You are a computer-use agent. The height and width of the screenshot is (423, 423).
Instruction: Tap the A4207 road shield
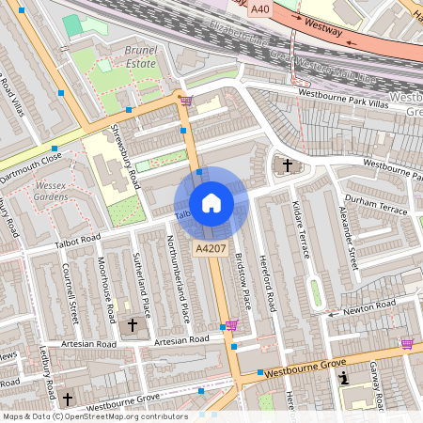209,248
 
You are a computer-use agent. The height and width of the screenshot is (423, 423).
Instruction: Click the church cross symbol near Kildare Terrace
287,167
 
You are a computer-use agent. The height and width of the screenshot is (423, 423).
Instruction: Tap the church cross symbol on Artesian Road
133,325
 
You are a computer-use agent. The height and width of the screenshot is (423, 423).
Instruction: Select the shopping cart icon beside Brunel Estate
186,101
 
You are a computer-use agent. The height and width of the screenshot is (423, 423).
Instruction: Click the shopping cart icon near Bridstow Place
231,325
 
